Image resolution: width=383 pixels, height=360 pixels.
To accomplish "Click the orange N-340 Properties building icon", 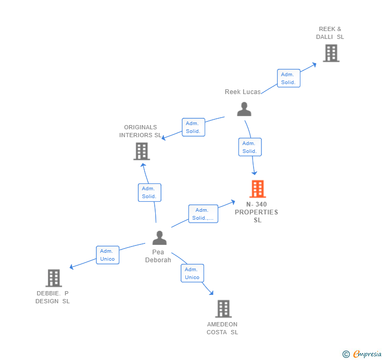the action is coord(257,189).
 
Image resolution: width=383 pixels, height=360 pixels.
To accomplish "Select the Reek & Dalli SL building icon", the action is coord(331,53).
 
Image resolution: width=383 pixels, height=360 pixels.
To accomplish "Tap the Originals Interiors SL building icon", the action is coord(142,151).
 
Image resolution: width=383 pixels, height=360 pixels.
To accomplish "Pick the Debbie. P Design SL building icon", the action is coord(54,278).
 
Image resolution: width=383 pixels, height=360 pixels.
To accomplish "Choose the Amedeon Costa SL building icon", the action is coord(223,309).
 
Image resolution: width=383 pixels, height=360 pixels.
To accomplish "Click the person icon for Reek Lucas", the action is coord(244,109).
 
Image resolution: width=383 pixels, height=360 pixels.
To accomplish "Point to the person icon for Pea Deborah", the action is coord(159,238).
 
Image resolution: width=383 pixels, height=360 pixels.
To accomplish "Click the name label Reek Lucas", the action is coord(243,92).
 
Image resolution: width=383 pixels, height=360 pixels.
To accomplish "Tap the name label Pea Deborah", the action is coord(158,256).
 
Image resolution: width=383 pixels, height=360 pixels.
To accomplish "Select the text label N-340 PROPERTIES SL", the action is coord(257,212).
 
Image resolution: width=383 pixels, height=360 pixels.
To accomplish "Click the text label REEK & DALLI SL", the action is coord(330,33).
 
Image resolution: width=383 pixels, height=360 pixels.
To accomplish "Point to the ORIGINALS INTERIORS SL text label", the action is coord(140,131).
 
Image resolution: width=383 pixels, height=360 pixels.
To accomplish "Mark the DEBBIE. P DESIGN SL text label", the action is coord(53,297).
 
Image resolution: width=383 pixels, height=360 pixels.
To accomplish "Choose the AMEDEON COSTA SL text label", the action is coord(222,328).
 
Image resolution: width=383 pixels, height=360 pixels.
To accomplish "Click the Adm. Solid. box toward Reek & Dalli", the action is coord(288,78).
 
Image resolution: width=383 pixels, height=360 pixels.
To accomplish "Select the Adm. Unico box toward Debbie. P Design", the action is coord(107,255).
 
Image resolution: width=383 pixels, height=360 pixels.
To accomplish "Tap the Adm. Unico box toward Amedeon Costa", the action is coord(192,273).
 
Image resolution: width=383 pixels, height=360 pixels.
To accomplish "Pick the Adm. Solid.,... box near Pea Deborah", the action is coord(203,214).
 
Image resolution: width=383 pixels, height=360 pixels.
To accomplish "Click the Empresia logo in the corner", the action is coord(362,354).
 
